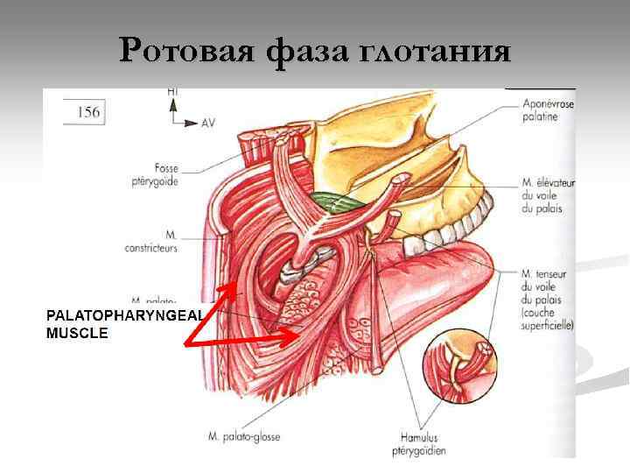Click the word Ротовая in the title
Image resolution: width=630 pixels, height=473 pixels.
184,51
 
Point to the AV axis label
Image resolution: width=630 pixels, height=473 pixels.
207,124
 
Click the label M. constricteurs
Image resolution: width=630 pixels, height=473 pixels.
158,242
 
